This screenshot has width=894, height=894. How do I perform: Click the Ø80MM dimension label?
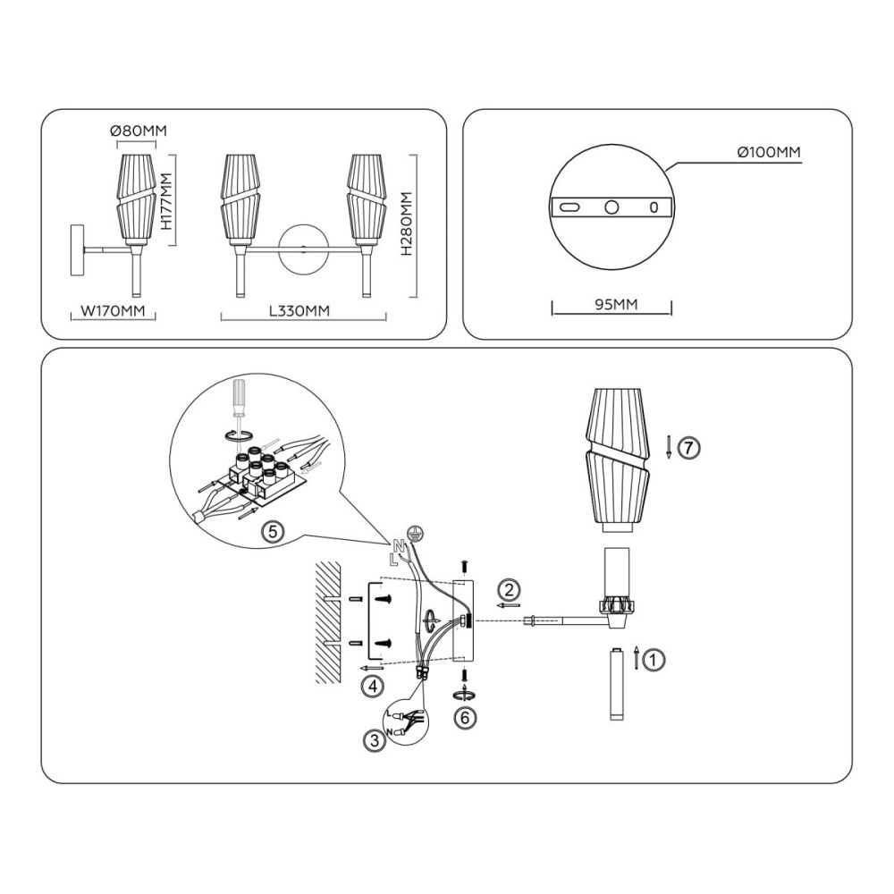[139, 131]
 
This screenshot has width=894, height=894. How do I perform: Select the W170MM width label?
[113, 311]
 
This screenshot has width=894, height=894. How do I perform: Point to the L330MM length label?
[299, 311]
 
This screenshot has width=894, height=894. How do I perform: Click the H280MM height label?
[406, 223]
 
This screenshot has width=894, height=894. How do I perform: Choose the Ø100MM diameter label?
[769, 152]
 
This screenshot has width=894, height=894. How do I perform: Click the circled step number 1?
[654, 661]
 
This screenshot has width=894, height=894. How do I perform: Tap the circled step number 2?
[510, 589]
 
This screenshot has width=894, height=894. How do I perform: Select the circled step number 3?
[374, 740]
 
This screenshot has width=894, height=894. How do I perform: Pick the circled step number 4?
[373, 687]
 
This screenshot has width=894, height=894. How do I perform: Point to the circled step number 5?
[273, 531]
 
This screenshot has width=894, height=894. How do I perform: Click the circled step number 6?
[465, 717]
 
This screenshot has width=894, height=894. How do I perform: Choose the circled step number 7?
[688, 448]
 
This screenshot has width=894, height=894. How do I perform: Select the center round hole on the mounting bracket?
[611, 207]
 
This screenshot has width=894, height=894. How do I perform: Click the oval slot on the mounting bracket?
[569, 207]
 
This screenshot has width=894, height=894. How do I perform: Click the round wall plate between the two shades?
[303, 249]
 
